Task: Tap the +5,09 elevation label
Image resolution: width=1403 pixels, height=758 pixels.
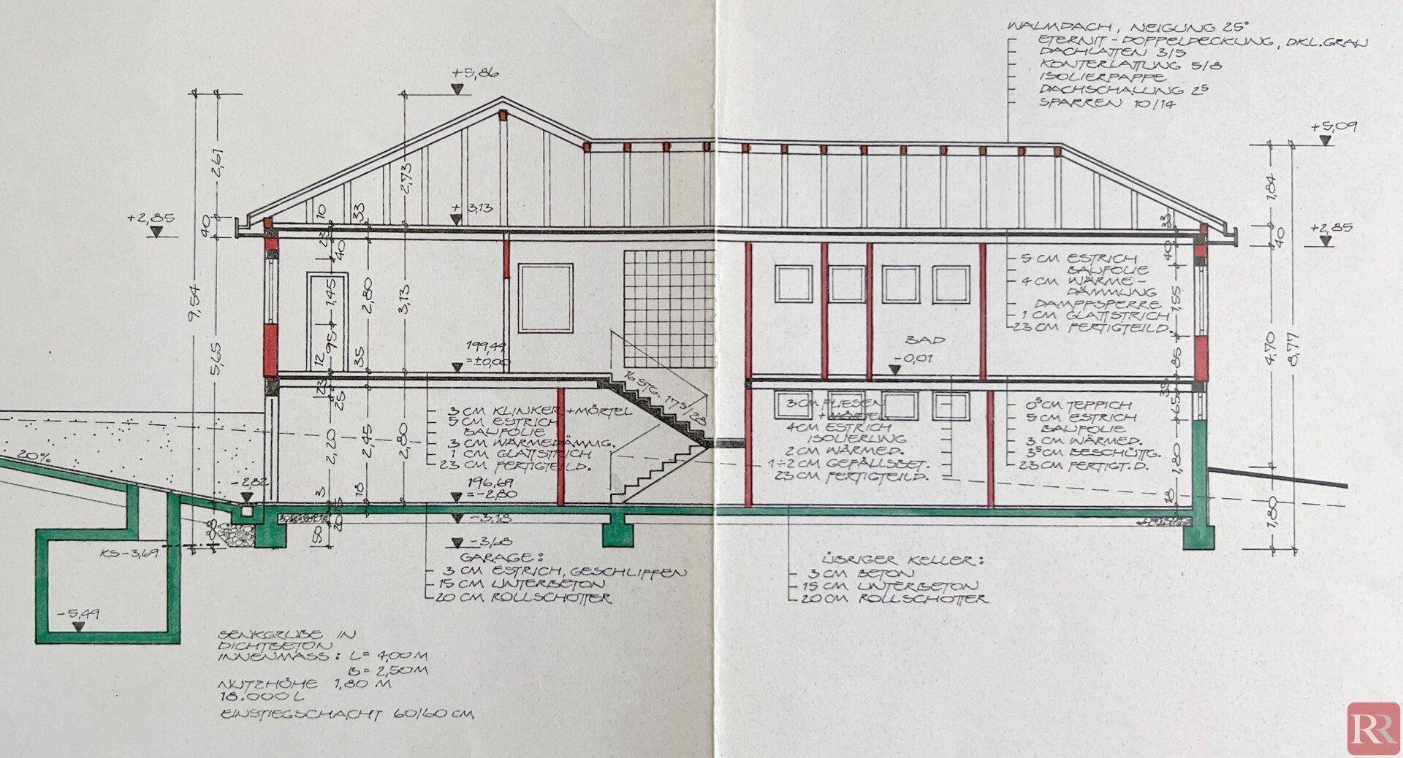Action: [x=1334, y=126]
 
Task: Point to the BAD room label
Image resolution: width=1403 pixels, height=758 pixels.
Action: [x=926, y=340]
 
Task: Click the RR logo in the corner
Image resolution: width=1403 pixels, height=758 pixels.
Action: [x=1373, y=728]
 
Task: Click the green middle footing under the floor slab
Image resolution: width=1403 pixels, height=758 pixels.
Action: [x=617, y=531]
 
